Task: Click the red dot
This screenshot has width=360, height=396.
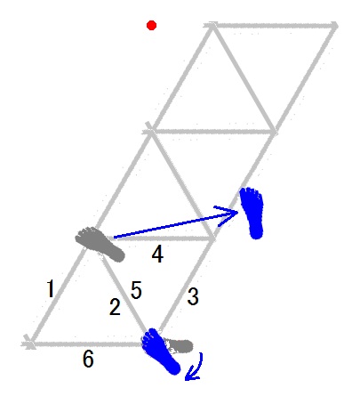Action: pos(151,26)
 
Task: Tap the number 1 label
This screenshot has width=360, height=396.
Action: pos(51,288)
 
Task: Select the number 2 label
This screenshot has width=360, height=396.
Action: pos(115,307)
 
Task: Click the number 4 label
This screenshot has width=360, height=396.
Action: pos(136,290)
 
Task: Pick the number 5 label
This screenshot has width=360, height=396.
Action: pos(88,359)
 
